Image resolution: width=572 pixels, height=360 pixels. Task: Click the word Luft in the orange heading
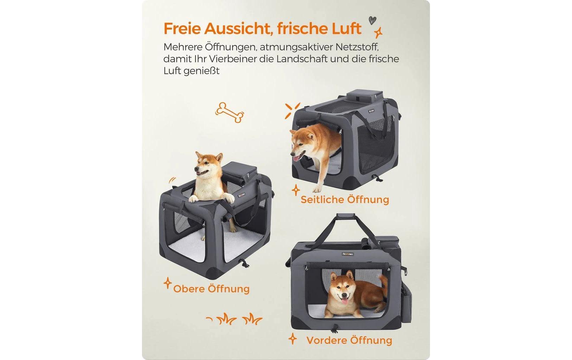coord(347,28)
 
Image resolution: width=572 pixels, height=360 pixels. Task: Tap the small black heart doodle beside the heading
coord(372,20)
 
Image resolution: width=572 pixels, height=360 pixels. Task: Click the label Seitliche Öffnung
coord(345,200)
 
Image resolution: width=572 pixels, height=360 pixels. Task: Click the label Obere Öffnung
coord(211,289)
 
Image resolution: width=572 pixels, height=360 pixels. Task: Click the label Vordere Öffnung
coord(349,340)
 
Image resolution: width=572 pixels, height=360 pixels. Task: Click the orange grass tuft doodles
coord(239,319)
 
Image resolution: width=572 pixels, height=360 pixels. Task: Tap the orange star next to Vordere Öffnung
coord(293,339)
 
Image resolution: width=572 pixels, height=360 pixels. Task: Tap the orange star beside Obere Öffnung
coord(168,283)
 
